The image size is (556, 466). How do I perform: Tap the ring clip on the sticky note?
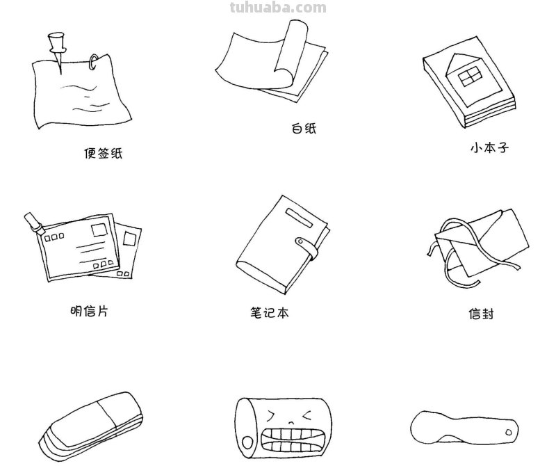[93, 63]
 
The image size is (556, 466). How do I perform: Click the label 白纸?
[304, 129]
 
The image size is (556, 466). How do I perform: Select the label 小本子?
[489, 148]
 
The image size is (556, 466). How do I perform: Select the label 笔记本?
[268, 313]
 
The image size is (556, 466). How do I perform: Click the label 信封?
[480, 314]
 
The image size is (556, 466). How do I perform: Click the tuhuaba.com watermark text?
[277, 8]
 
